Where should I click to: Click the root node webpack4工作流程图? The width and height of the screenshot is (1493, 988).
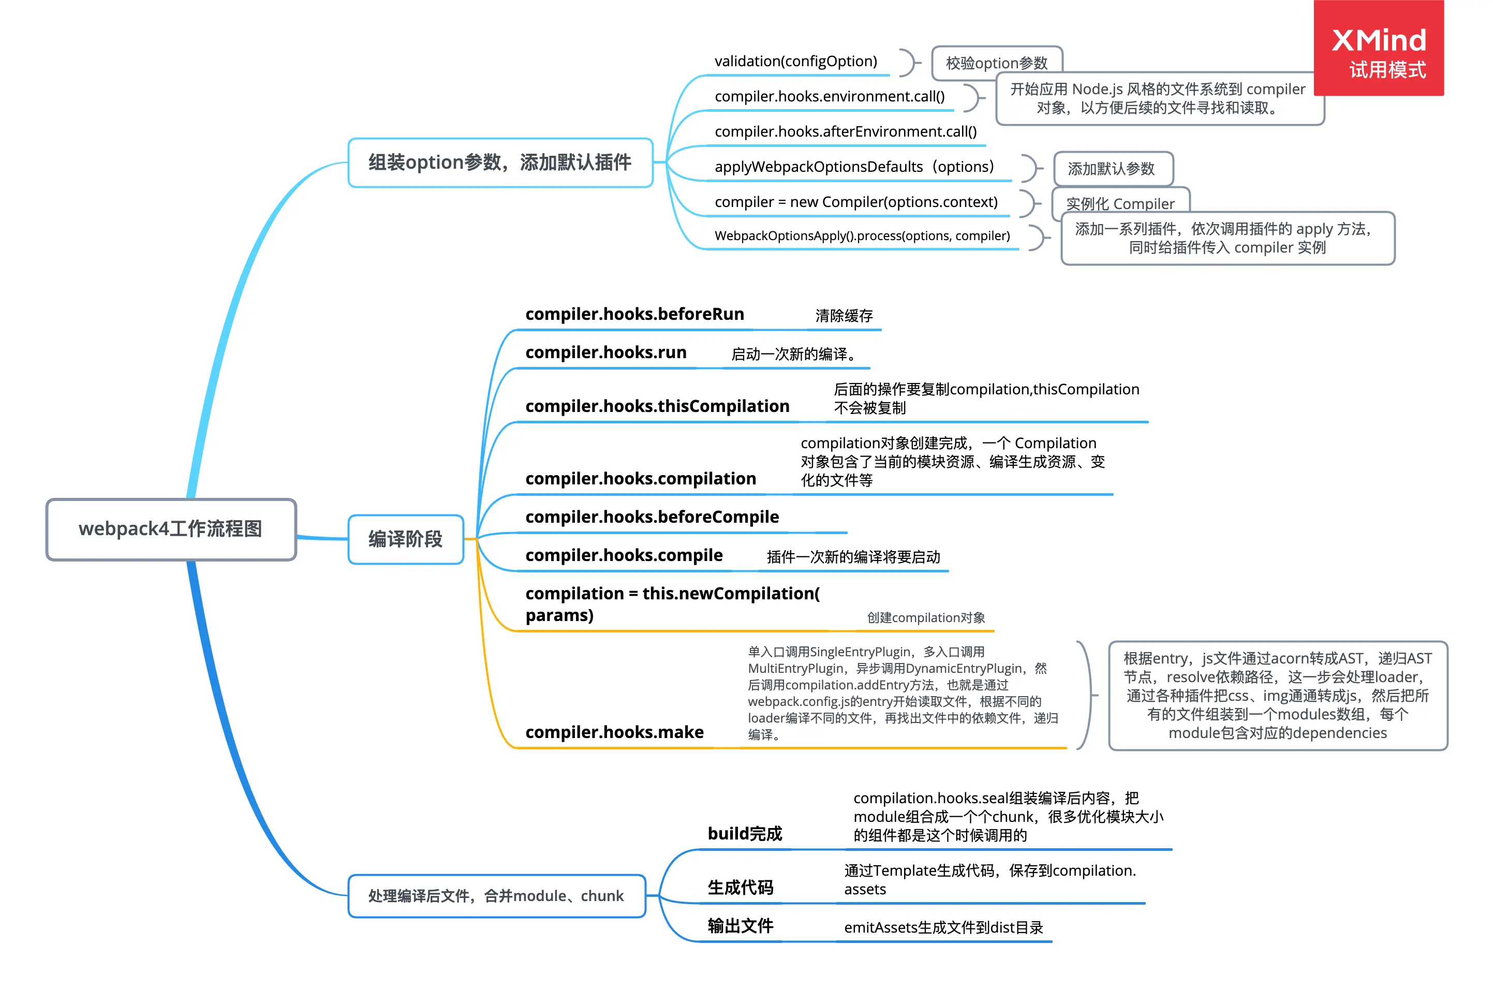171,529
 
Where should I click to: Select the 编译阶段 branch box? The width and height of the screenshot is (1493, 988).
406,539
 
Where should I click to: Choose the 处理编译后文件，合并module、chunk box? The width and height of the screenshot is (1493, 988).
496,895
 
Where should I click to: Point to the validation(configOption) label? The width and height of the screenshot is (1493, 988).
795,61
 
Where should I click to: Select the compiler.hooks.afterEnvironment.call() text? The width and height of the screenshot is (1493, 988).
846,131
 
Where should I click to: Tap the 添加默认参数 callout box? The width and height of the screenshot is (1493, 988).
1112,169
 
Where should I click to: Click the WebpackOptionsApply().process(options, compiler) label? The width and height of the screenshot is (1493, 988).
862,235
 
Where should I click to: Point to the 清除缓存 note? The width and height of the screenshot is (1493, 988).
844,316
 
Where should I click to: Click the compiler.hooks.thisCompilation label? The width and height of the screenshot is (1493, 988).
657,406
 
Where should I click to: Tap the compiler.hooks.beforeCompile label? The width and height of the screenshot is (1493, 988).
652,518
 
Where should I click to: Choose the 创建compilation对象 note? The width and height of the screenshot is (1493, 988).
925,617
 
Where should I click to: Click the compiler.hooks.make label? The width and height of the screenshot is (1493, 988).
614,732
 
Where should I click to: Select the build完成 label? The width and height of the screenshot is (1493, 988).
745,834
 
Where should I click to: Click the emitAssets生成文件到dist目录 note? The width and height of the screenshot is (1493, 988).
943,927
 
